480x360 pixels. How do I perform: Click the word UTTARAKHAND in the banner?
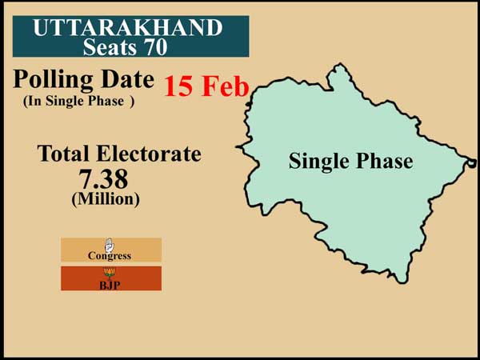tap(127, 28)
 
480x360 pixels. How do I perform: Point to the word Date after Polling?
tap(125, 80)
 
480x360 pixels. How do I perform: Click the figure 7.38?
tap(103, 178)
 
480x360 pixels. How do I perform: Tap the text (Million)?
tap(104, 199)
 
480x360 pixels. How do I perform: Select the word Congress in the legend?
tap(110, 256)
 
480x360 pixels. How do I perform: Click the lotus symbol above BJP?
tap(110, 273)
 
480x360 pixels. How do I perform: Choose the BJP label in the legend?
tap(110, 285)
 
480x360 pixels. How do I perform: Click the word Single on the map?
tap(318, 162)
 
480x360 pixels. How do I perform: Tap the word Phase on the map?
tap(382, 162)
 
